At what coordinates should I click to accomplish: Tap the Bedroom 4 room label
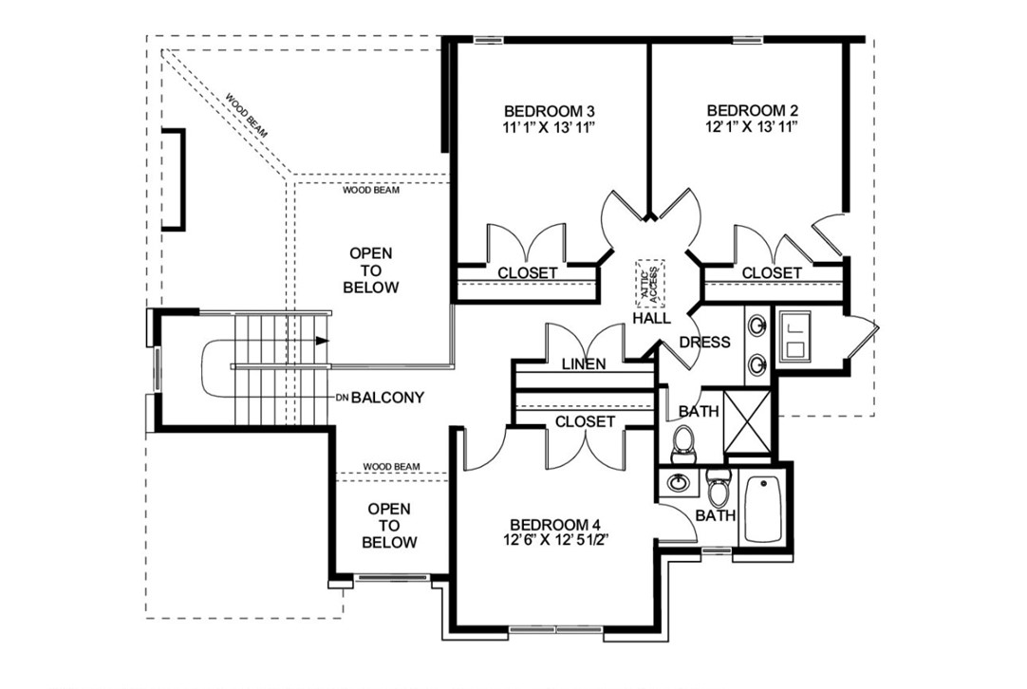555,525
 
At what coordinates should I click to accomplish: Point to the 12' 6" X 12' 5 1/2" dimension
555,541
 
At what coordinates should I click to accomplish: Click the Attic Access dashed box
652,283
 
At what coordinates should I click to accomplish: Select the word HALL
652,319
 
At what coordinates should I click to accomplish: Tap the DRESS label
705,342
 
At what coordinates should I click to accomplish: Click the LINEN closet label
584,364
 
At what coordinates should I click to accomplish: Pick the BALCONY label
386,398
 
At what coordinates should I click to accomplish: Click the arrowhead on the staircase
324,340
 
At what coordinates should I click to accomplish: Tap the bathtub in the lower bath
762,510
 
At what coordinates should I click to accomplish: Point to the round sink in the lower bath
678,482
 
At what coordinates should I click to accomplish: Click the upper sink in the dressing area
758,326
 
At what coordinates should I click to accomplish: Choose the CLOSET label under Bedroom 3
528,273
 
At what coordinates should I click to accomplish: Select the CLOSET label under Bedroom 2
772,273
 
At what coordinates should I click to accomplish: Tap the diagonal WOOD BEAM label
247,116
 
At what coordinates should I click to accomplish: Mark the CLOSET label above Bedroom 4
585,421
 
